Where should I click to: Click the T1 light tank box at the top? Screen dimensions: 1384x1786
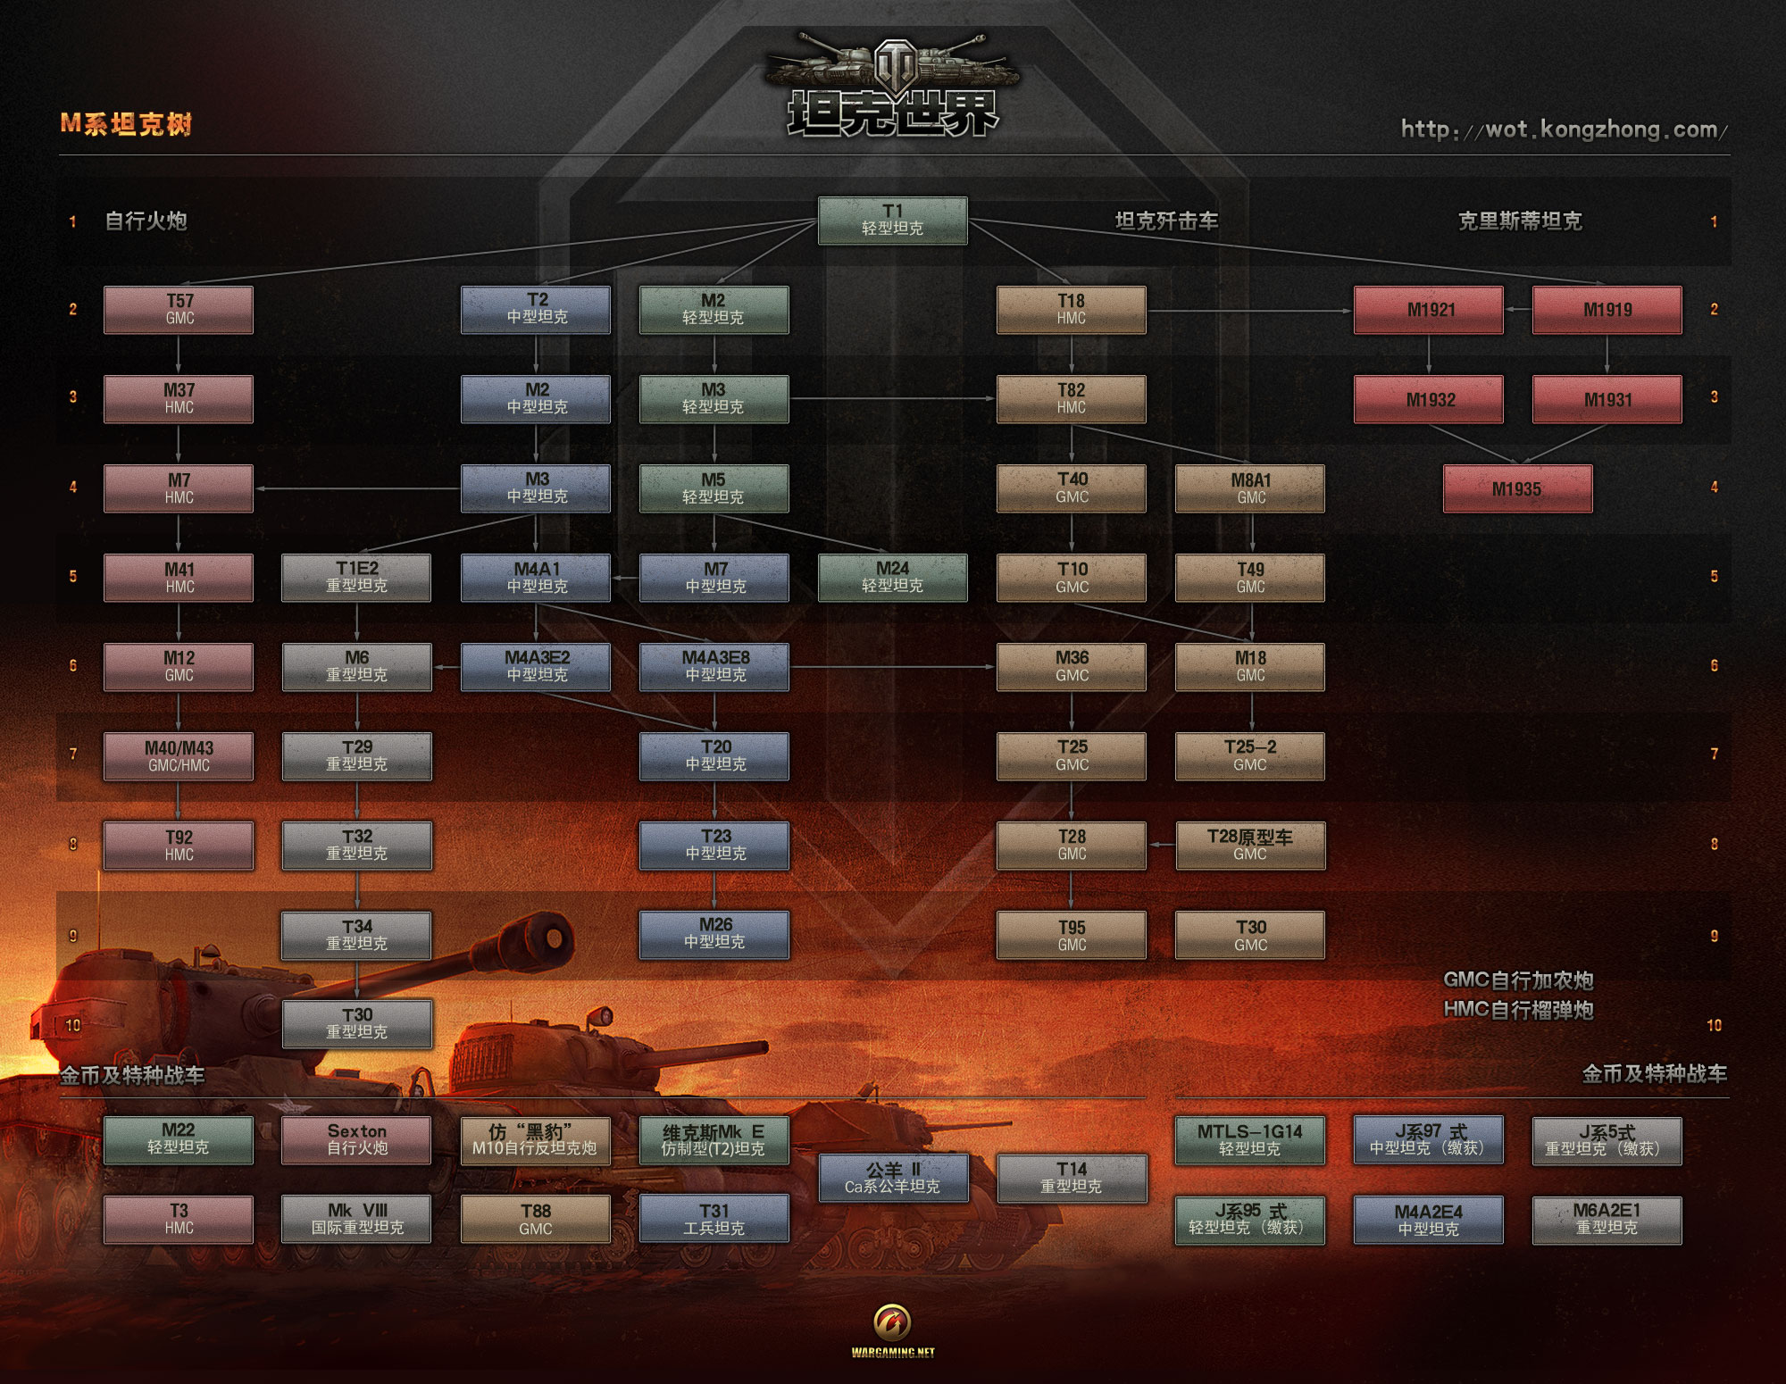click(892, 221)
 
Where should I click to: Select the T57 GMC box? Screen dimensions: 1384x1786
click(179, 310)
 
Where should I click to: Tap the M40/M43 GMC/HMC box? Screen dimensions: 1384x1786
click(179, 756)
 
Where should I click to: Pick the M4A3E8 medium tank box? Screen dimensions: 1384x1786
click(714, 667)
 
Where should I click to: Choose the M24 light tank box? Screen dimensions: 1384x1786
click(892, 578)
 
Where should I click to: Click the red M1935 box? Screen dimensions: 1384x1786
click(1517, 488)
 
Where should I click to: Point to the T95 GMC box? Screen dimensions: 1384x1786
click(1072, 935)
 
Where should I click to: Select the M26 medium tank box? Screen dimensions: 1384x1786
click(714, 934)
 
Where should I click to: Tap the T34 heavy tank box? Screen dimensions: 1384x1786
click(357, 935)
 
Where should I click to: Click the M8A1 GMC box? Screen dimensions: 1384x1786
click(1250, 488)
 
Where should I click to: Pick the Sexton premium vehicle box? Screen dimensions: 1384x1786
click(356, 1140)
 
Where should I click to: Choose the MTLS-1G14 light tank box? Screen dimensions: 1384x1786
click(1249, 1140)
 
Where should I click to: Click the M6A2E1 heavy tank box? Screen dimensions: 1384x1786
click(1607, 1220)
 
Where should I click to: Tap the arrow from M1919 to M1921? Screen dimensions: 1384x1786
click(1518, 310)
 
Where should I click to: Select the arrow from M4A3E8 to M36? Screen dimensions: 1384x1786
click(893, 667)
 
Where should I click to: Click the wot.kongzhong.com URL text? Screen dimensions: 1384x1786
click(1564, 130)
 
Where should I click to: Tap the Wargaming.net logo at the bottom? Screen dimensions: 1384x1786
click(893, 1331)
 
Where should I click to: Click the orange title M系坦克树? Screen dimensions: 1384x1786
click(126, 124)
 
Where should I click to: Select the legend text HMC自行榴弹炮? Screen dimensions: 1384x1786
click(1518, 1010)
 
